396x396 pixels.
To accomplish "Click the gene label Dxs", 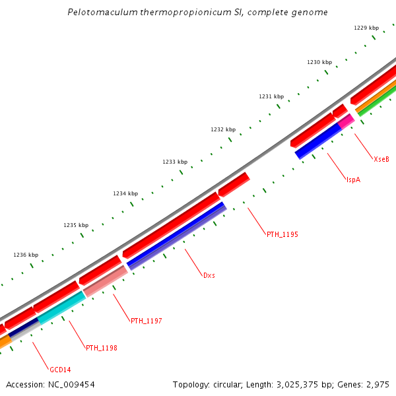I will click(x=209, y=275).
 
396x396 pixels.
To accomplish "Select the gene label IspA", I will click(x=353, y=180).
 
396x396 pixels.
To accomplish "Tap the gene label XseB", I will click(x=381, y=159).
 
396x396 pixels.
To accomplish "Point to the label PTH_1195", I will click(x=282, y=234).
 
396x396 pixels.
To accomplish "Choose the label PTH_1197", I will click(x=147, y=321).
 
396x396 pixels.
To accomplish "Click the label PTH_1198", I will click(x=102, y=348).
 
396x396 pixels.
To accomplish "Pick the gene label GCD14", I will click(x=60, y=369).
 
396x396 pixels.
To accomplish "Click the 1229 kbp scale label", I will click(x=366, y=28).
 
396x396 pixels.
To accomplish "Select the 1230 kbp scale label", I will click(x=319, y=62).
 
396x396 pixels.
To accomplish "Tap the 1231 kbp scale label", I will click(x=271, y=96).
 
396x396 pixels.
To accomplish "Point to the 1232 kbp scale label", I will click(x=223, y=129).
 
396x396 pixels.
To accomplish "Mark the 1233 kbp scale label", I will click(x=175, y=162).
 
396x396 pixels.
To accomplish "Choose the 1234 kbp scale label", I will click(x=125, y=193).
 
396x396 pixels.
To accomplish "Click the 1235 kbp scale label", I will click(x=76, y=225).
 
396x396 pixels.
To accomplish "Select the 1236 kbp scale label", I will click(x=26, y=255).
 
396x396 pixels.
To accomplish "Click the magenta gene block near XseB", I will click(x=346, y=120).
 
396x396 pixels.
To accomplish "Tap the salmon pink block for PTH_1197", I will click(x=105, y=281).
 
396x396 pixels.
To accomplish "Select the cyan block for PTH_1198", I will click(x=61, y=308).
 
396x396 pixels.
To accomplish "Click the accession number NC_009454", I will click(x=73, y=384).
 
